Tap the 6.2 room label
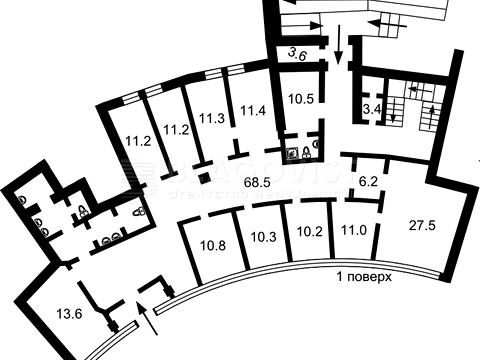pyautogui.click(x=367, y=182)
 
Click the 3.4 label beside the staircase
pyautogui.click(x=372, y=107)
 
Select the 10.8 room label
pyautogui.click(x=212, y=244)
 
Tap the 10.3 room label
pyautogui.click(x=263, y=238)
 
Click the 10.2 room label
pyautogui.click(x=309, y=233)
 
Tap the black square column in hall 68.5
pyautogui.click(x=204, y=179)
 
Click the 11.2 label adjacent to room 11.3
pyautogui.click(x=177, y=129)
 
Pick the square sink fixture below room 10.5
pyautogui.click(x=294, y=154)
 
